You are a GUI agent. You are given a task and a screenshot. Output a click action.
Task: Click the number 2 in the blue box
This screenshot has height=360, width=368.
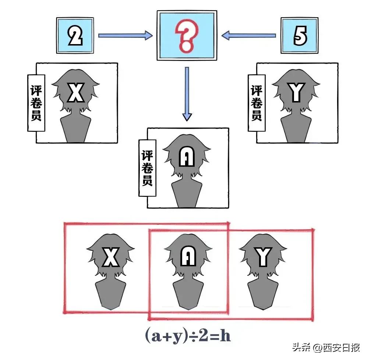[75, 36]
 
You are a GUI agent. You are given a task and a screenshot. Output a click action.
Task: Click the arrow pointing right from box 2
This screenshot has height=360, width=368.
[125, 35]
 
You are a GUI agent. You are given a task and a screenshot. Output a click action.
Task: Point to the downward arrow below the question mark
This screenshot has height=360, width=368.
[187, 94]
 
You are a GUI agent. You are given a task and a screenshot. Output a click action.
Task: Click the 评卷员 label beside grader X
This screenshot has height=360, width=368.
[36, 103]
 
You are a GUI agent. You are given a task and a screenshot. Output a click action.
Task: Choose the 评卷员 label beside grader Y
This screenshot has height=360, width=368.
[256, 103]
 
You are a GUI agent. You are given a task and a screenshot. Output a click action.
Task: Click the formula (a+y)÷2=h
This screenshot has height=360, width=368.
[188, 335]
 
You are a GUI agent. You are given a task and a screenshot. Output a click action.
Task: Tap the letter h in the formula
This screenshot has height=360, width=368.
[226, 335]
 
